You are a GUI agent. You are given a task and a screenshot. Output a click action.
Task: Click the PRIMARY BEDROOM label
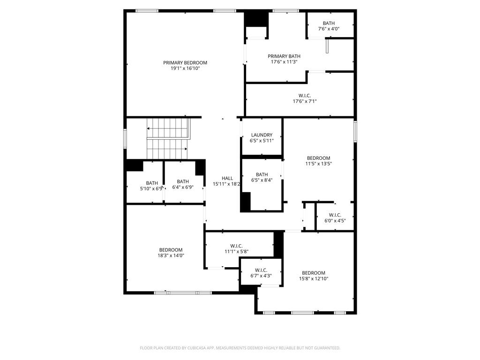(185, 63)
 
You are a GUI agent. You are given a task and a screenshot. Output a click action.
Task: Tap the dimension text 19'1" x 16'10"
(185, 68)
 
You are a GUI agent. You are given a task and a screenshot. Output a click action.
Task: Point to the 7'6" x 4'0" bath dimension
(329, 29)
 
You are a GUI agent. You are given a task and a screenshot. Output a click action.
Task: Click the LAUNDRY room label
(262, 135)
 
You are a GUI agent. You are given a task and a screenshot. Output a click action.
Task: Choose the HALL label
(227, 178)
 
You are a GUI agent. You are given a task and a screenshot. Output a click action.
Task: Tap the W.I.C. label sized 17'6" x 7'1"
(305, 96)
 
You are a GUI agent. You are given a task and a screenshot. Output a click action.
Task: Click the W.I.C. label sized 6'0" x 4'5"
(335, 215)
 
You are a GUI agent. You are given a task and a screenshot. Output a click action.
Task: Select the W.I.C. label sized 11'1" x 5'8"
(236, 246)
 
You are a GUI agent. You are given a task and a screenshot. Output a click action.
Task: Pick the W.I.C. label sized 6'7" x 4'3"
(261, 270)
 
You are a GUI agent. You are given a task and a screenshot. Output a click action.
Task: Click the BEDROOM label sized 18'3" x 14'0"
(171, 250)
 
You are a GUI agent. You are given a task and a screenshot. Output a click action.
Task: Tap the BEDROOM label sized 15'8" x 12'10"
(314, 273)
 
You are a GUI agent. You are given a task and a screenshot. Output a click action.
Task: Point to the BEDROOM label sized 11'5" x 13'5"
(319, 158)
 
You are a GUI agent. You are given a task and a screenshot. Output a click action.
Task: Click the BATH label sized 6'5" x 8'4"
(262, 174)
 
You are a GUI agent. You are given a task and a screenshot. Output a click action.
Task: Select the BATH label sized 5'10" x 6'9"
(152, 183)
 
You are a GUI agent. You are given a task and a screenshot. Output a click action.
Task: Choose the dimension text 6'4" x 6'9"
(183, 188)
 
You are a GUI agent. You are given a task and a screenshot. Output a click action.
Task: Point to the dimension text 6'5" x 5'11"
(262, 141)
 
